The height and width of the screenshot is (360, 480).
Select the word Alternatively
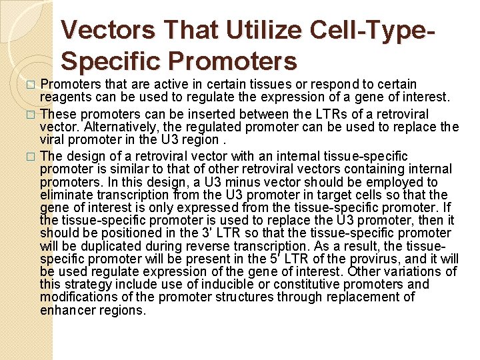109,127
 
